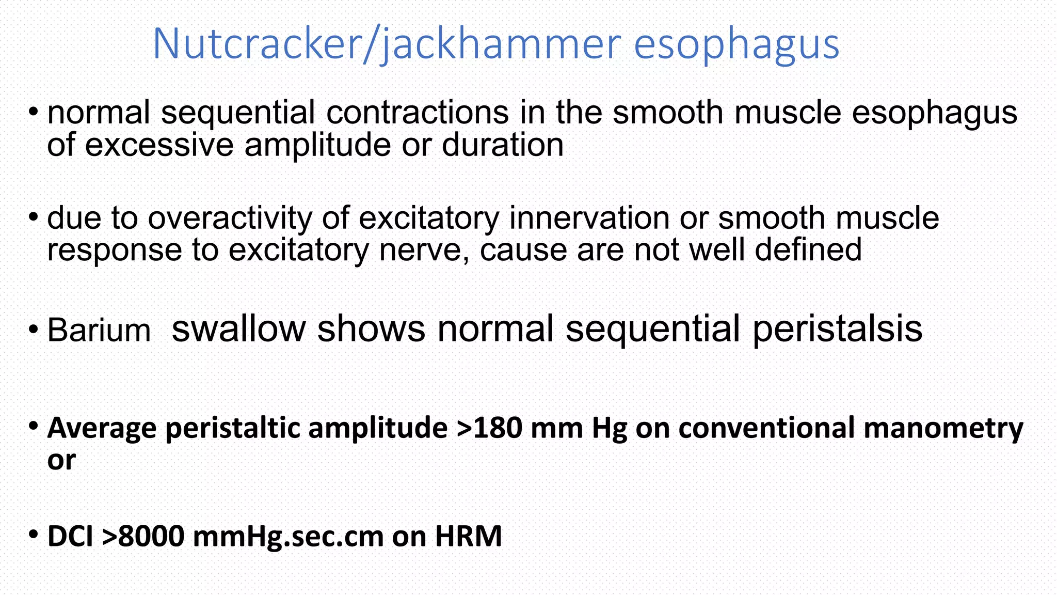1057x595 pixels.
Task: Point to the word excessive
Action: pyautogui.click(x=159, y=145)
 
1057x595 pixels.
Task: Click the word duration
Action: pyautogui.click(x=502, y=145)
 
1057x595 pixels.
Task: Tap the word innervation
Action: pyautogui.click(x=589, y=218)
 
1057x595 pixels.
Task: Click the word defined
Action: pyautogui.click(x=808, y=250)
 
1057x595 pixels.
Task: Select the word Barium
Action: pyautogui.click(x=99, y=331)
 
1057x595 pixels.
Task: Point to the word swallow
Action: pyautogui.click(x=238, y=329)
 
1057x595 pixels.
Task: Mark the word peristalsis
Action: pyautogui.click(x=837, y=330)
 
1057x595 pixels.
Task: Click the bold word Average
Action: pyautogui.click(x=102, y=428)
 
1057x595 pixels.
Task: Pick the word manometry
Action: pyautogui.click(x=943, y=429)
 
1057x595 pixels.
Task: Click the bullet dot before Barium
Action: pyautogui.click(x=34, y=330)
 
